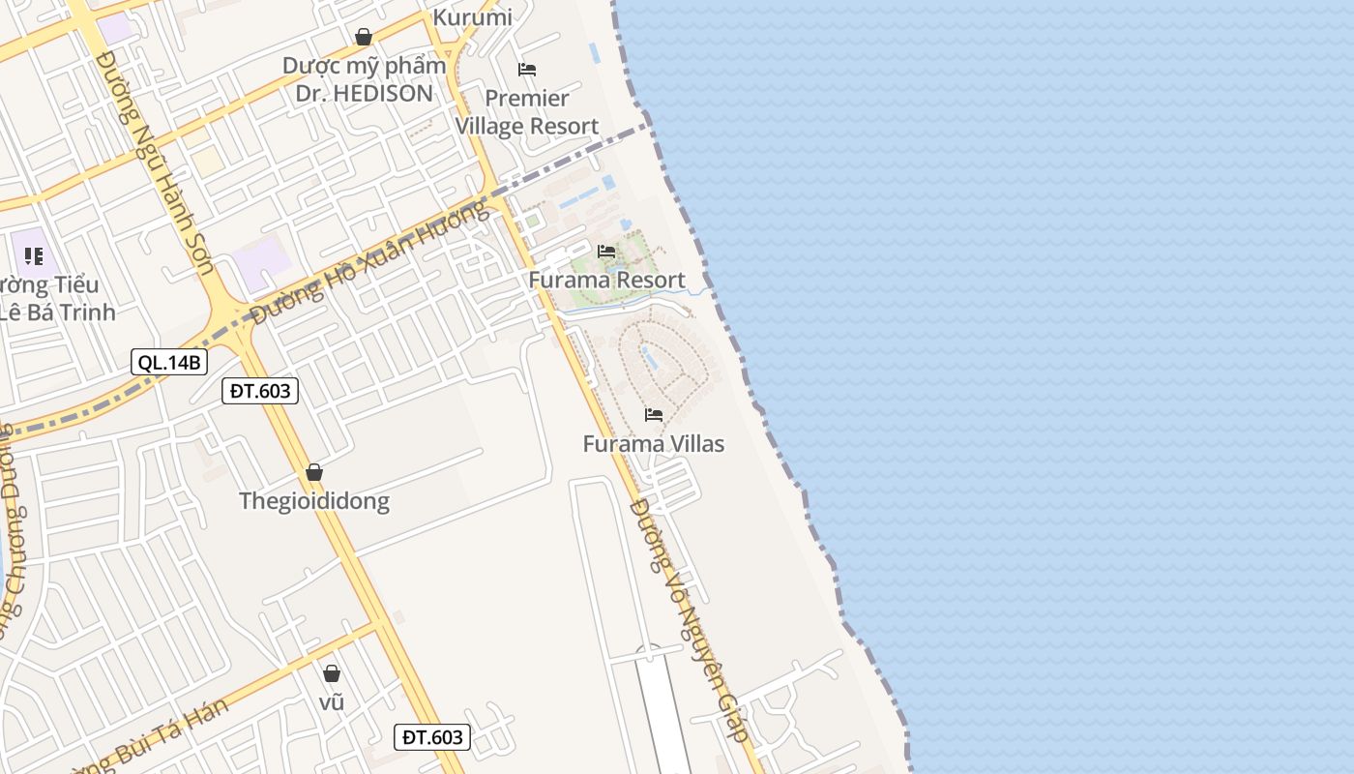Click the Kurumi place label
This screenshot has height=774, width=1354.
tap(473, 16)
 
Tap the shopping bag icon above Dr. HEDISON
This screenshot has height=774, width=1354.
tap(364, 38)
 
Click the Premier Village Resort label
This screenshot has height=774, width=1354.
tap(527, 112)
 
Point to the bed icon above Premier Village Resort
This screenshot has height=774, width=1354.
tap(527, 69)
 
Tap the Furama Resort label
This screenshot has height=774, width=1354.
tap(606, 281)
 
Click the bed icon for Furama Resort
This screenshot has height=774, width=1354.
tap(606, 252)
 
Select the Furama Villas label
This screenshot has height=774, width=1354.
tap(654, 444)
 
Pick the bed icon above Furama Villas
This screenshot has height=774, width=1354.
tap(654, 415)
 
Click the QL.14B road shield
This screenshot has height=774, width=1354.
tap(170, 363)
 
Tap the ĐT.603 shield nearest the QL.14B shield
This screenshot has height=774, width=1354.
tap(260, 391)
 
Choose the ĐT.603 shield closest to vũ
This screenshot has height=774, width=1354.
tap(433, 737)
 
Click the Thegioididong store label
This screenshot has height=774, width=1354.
tap(314, 501)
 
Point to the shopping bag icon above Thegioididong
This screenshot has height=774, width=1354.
tap(314, 473)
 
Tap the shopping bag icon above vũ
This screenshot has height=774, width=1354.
tap(332, 673)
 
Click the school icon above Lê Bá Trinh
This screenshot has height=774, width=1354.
tap(34, 256)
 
